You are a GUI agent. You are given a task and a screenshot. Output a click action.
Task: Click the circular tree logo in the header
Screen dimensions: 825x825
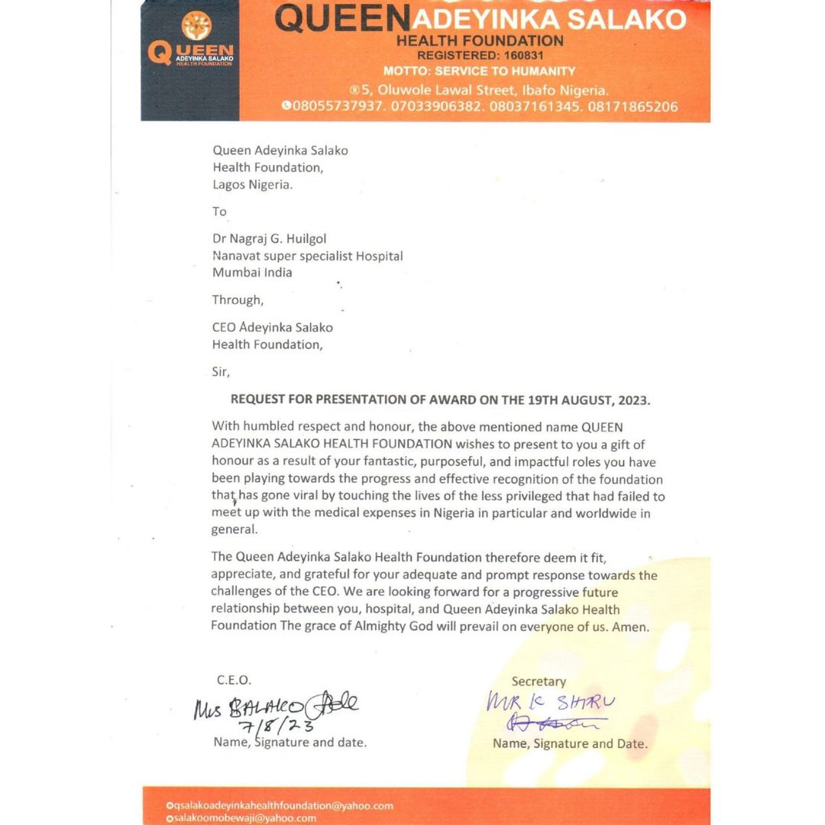[196, 27]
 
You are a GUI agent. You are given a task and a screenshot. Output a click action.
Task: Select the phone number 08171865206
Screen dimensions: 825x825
[632, 106]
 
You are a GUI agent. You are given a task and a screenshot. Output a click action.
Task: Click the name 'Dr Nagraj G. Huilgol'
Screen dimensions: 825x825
[270, 239]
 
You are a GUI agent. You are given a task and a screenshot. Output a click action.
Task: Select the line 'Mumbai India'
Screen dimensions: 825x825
[252, 272]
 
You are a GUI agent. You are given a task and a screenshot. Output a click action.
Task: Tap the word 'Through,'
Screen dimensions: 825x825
[238, 299]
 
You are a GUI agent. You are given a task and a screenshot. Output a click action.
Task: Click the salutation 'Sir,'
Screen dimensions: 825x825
[220, 372]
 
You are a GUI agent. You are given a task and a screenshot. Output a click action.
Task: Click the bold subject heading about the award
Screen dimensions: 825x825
[441, 400]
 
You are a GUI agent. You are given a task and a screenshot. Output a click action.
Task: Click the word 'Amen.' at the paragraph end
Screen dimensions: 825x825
[632, 627]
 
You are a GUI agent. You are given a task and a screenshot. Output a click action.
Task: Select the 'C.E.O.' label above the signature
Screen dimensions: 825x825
[234, 680]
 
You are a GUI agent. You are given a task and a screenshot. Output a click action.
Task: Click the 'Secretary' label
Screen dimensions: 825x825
[539, 681]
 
